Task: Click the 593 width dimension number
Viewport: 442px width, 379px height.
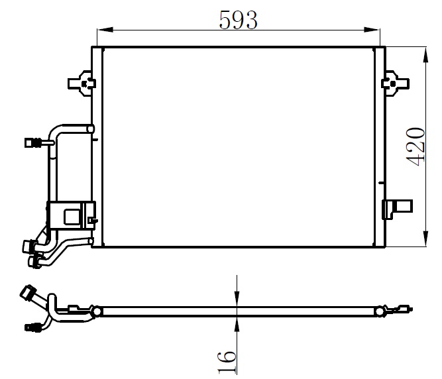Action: click(x=238, y=20)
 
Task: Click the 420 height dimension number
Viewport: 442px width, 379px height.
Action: click(x=415, y=147)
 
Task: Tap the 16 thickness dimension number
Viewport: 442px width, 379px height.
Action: click(x=227, y=362)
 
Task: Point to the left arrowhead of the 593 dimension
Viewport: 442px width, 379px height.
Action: click(x=105, y=30)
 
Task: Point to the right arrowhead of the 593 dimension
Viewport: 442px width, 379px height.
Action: click(x=372, y=30)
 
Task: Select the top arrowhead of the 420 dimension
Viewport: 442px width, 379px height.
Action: click(x=425, y=55)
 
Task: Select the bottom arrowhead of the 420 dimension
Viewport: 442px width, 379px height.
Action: click(x=425, y=239)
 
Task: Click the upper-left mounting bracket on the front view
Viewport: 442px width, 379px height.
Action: click(x=82, y=83)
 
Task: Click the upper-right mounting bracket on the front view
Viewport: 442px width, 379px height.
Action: click(x=395, y=83)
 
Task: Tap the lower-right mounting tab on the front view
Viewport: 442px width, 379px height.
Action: click(x=397, y=209)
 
